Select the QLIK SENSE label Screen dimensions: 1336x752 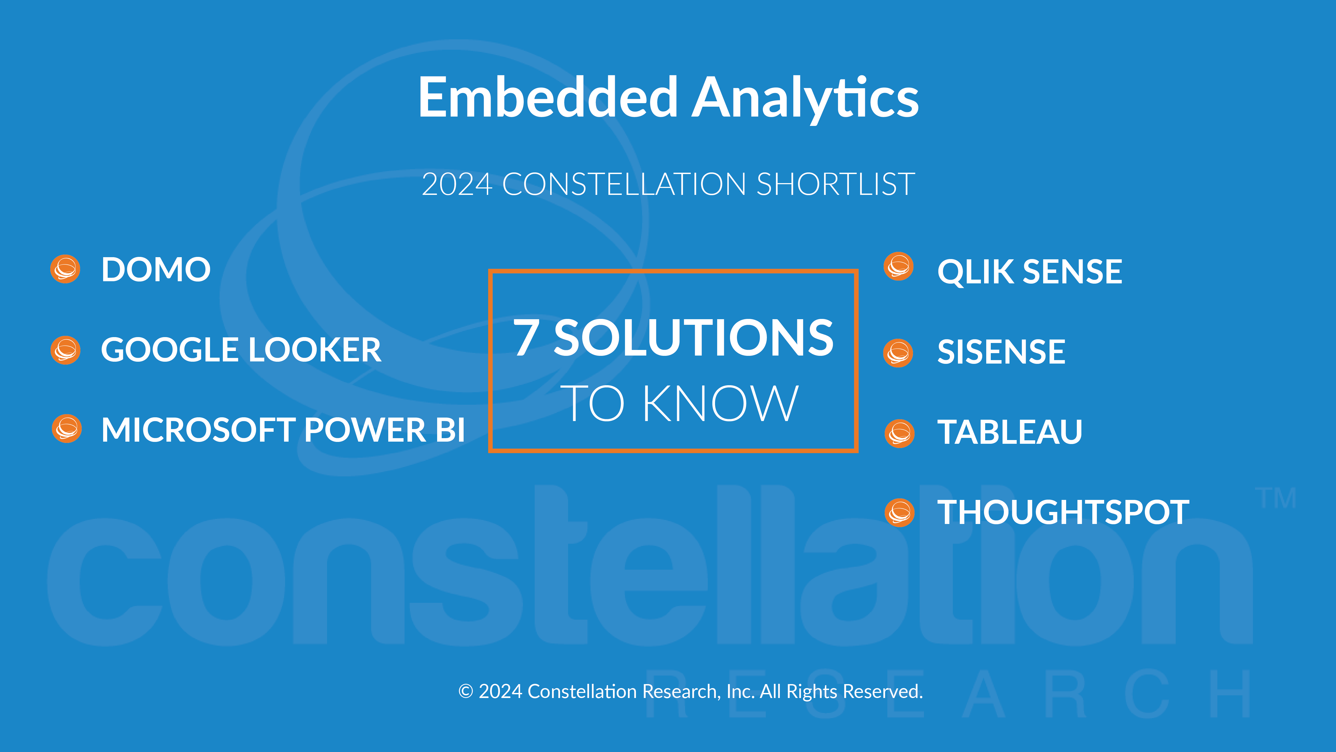point(1030,272)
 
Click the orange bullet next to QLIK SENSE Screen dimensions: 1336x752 point(898,266)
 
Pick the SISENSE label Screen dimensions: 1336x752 point(1001,352)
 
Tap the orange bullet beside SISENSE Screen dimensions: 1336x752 point(898,353)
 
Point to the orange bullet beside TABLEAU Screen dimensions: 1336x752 point(899,433)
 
